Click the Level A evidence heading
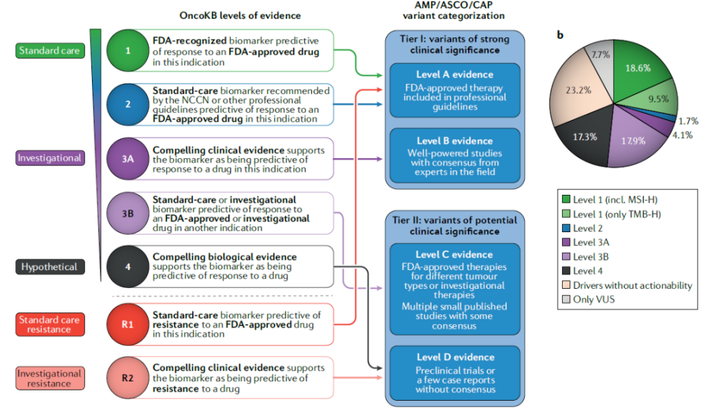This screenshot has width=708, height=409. (x=454, y=75)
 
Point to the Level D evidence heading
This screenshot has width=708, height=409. (x=454, y=357)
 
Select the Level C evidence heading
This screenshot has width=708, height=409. (x=454, y=254)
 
